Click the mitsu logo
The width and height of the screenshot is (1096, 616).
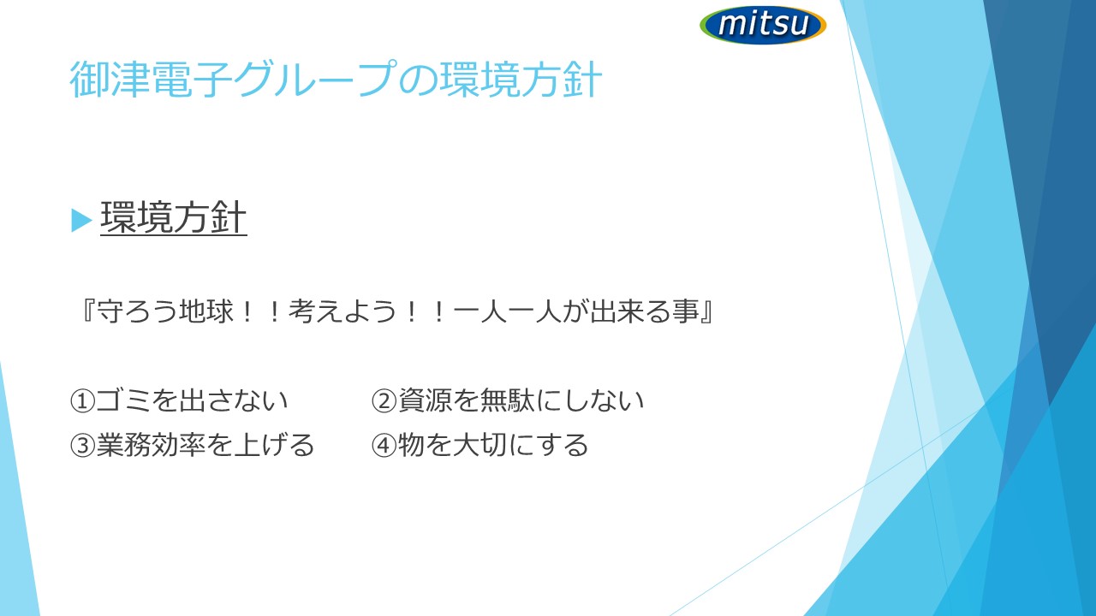[x=763, y=25]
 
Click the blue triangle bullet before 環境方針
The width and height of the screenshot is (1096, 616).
[x=81, y=220]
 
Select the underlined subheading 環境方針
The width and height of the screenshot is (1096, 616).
[x=173, y=218]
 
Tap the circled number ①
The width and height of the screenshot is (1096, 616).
[x=81, y=401]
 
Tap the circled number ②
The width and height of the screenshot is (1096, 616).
[x=384, y=401]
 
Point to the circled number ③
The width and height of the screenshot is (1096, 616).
[x=81, y=446]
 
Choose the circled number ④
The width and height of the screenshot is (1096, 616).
[x=384, y=446]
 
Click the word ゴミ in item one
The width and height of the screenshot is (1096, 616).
[x=122, y=401]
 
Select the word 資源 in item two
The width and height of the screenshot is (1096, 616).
[x=425, y=401]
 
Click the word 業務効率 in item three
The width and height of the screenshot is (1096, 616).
[x=150, y=445]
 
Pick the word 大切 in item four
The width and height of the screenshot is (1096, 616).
[x=479, y=445]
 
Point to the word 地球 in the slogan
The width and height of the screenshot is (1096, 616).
[x=206, y=311]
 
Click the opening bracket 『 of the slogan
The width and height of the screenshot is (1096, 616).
[x=88, y=311]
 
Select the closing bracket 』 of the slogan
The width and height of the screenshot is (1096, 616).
[x=706, y=311]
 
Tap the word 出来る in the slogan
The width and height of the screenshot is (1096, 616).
[x=630, y=311]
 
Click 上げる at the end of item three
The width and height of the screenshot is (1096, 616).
[x=274, y=445]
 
